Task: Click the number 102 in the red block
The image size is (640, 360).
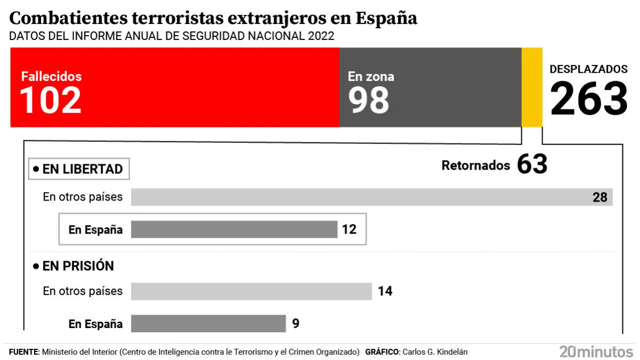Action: click(51, 100)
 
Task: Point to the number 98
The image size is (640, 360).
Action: click(369, 100)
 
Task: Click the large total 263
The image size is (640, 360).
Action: click(589, 99)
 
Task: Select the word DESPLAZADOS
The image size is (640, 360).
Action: click(589, 69)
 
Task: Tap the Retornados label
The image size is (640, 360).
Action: click(476, 165)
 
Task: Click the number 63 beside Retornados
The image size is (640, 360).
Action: click(532, 165)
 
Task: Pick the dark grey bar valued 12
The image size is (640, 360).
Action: click(234, 229)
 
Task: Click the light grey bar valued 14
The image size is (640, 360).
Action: click(251, 291)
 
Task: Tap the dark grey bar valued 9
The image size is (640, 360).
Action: click(209, 323)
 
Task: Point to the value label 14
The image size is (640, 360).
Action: click(385, 291)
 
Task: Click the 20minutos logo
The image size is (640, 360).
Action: click(596, 351)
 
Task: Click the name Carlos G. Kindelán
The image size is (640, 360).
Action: click(436, 352)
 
